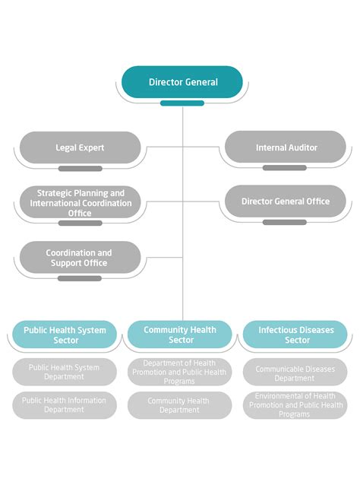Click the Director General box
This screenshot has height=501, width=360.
click(182, 82)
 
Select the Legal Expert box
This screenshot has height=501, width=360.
click(80, 147)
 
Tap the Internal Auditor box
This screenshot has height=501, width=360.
click(286, 147)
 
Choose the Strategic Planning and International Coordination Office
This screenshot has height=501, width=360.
click(80, 203)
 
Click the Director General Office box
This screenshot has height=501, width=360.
click(286, 201)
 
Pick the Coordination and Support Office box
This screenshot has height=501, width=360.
click(80, 258)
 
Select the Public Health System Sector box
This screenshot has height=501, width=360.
click(65, 335)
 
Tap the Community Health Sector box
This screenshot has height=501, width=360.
click(179, 335)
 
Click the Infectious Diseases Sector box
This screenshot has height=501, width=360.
click(295, 335)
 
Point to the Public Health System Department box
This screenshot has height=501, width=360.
click(65, 372)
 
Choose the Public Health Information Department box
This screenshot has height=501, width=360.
click(65, 405)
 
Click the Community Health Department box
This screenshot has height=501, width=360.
click(179, 405)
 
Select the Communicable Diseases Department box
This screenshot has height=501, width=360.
click(295, 372)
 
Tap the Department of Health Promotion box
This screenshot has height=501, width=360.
click(179, 372)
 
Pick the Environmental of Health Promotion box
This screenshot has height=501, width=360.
click(295, 405)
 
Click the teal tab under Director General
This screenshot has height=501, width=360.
click(182, 103)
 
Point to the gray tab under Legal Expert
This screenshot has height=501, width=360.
click(80, 169)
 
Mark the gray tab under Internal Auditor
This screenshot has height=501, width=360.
click(286, 168)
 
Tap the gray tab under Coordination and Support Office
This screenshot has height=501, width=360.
click(80, 278)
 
